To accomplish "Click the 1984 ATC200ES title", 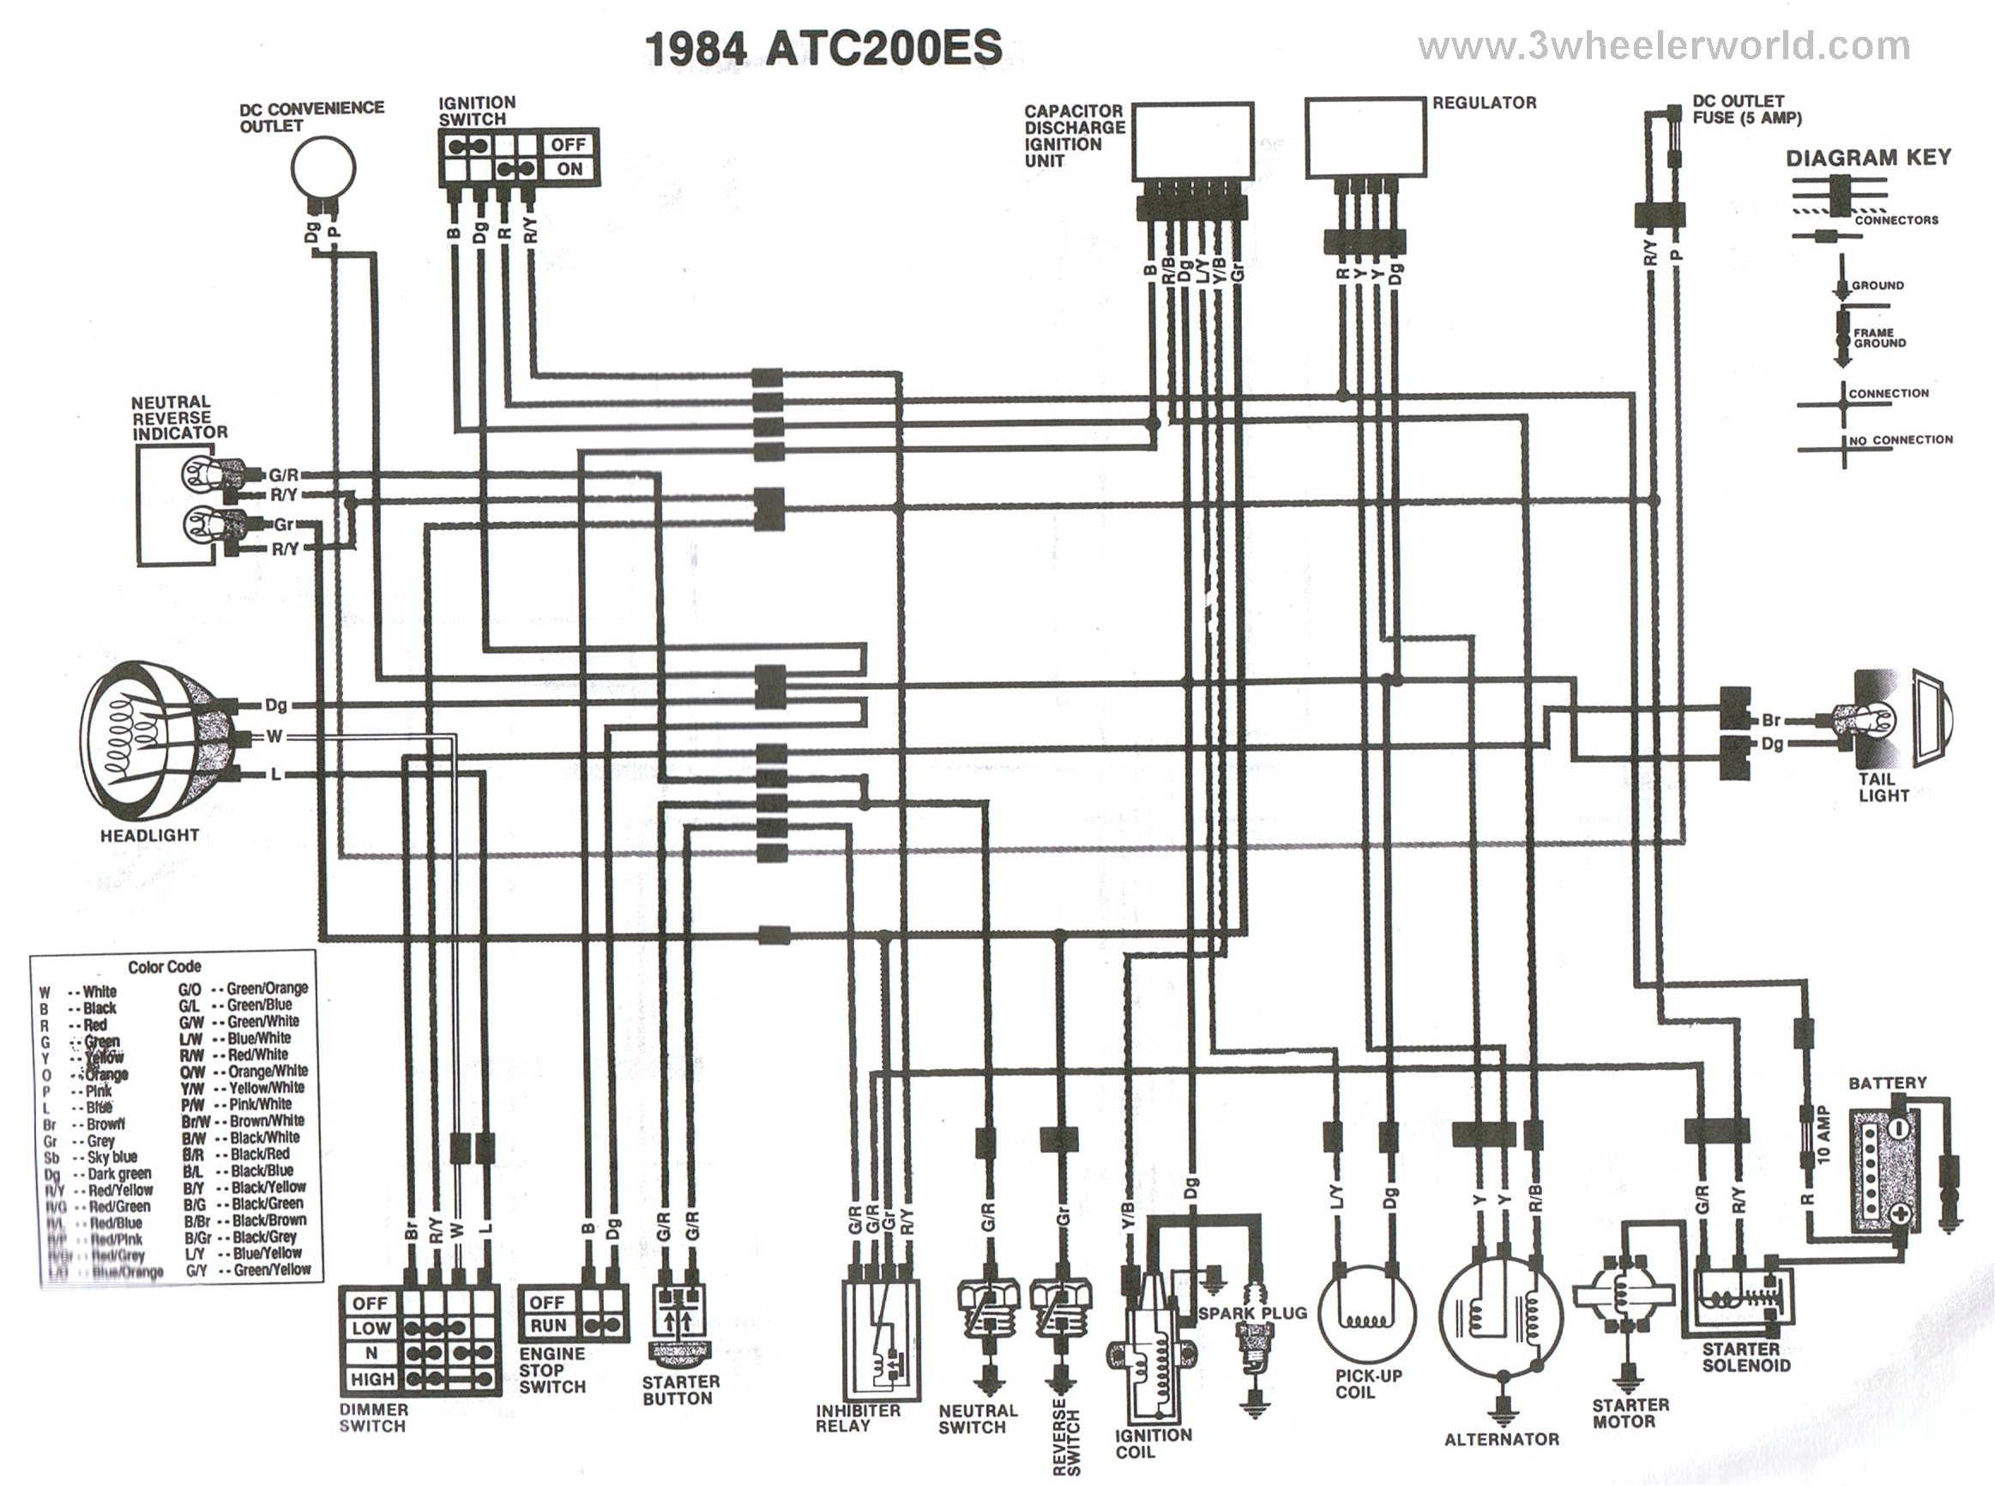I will [823, 48].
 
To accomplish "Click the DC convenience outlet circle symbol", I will [323, 168].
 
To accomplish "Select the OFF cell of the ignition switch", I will [568, 145].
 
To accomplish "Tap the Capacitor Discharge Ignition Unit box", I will [1193, 142].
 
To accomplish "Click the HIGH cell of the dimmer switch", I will [372, 1379].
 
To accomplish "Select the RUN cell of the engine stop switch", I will [547, 1326].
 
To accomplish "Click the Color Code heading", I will [165, 967].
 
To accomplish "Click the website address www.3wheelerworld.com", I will [1664, 47].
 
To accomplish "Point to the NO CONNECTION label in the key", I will [1900, 440].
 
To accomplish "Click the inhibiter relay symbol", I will [881, 1340].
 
